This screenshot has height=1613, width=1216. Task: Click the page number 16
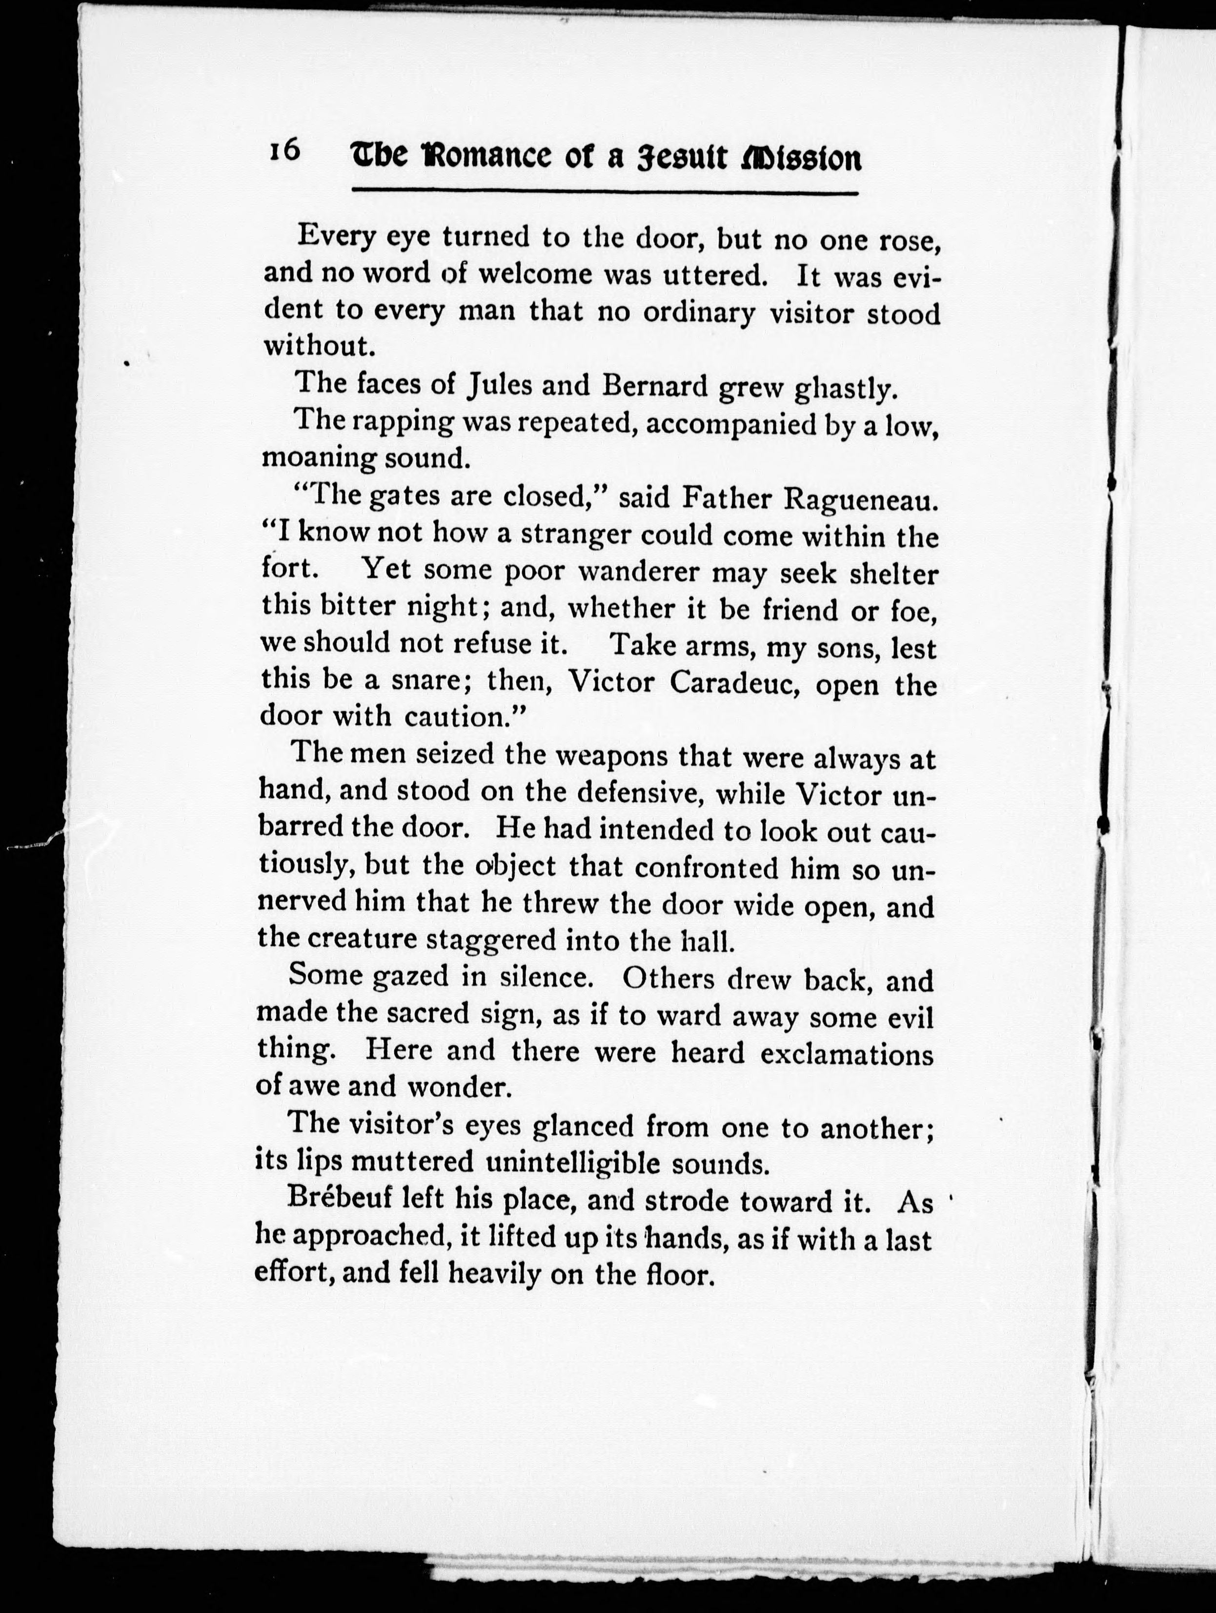284,151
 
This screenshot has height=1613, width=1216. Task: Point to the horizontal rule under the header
605,193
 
